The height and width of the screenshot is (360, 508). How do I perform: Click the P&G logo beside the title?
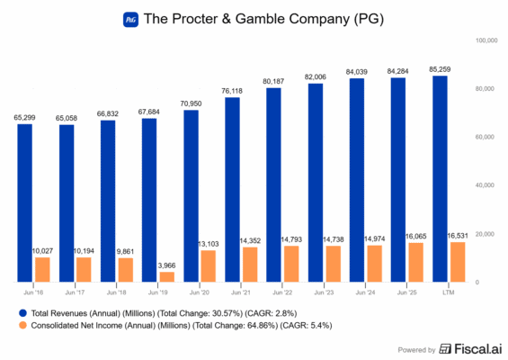(131, 19)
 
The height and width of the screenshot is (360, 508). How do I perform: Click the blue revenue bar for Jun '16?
(24, 203)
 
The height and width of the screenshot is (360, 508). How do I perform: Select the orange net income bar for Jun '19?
(167, 277)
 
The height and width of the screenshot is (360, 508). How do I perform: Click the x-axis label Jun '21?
(241, 292)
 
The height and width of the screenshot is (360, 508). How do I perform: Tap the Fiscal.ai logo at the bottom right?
(468, 349)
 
